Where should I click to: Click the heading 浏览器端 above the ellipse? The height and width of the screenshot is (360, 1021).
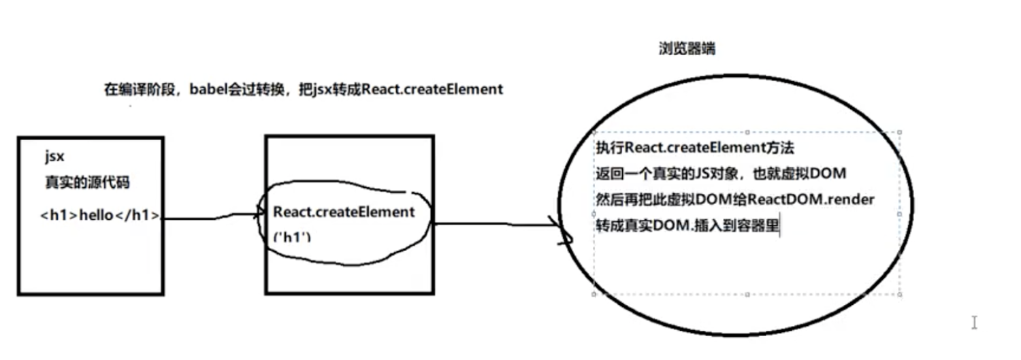[686, 49]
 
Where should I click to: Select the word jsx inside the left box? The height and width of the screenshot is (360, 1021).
[54, 157]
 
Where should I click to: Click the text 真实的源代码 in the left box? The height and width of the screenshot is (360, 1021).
[87, 182]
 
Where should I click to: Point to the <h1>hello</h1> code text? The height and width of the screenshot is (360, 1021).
[101, 216]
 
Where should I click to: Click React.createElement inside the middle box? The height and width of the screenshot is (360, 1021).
[344, 212]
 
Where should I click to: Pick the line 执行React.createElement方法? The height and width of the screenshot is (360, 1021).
[695, 148]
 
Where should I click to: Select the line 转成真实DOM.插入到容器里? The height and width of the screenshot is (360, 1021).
[687, 226]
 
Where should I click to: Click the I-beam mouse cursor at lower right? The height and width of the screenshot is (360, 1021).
[974, 323]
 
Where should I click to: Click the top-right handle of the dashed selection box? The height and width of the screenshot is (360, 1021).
[900, 133]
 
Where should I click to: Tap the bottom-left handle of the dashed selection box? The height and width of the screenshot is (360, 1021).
[595, 294]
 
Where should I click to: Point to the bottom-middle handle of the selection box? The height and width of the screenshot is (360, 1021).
[747, 294]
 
